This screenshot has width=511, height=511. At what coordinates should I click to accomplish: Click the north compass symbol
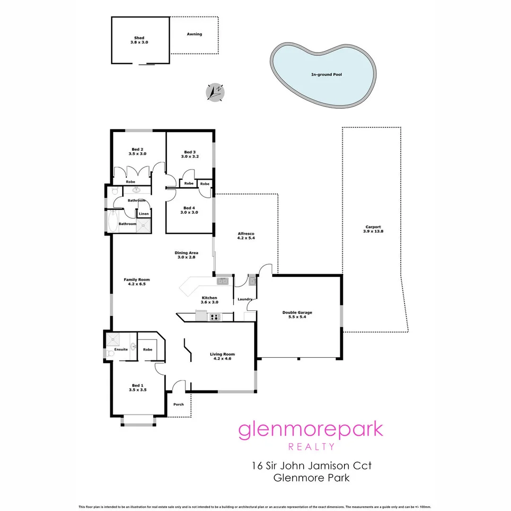click(215, 92)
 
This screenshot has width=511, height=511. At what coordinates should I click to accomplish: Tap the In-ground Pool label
click(326, 75)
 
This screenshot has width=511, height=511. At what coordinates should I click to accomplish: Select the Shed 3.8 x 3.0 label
click(139, 40)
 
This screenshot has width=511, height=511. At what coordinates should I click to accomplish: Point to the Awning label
click(194, 35)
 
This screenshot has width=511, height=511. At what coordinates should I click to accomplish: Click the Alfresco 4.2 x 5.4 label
click(246, 236)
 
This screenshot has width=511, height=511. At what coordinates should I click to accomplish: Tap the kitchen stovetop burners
click(215, 317)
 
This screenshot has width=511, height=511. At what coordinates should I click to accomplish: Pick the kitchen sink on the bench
click(222, 282)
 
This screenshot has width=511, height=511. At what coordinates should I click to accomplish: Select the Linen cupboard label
click(143, 214)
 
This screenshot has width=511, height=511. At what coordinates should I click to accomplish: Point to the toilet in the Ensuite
click(110, 353)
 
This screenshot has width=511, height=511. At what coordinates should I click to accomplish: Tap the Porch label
click(178, 405)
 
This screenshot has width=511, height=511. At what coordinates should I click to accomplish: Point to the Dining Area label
click(186, 255)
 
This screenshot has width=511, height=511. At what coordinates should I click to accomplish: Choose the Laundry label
click(245, 299)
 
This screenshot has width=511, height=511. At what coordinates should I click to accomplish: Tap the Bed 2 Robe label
click(130, 182)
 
